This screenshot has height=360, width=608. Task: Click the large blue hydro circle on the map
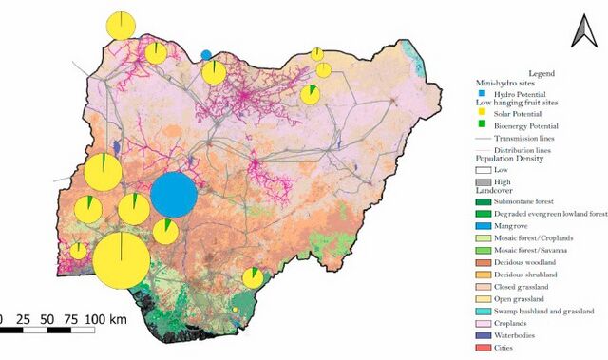(174, 197)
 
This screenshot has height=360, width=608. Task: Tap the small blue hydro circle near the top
(206, 54)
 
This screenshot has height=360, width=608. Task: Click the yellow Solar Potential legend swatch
(482, 112)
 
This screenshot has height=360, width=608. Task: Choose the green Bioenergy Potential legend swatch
(482, 125)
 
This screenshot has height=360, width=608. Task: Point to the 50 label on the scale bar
(47, 318)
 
